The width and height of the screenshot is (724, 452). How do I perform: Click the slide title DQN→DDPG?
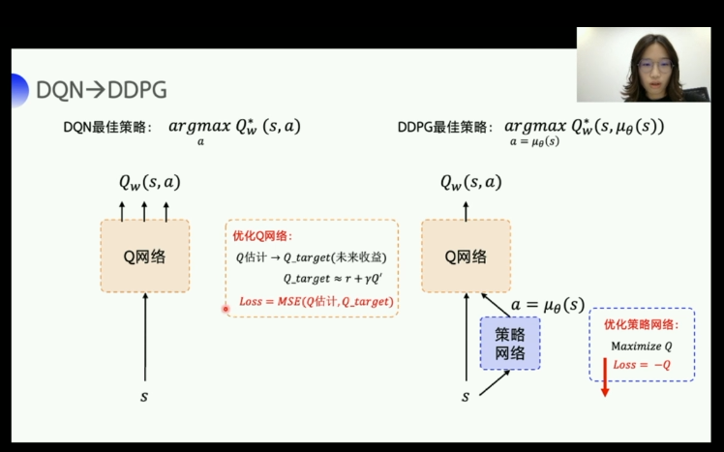101,90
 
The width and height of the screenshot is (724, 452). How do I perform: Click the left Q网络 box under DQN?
145,256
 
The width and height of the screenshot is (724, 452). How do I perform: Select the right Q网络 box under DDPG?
465,256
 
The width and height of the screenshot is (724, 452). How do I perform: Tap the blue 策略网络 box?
510,343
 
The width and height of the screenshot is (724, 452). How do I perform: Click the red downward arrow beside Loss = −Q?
604,377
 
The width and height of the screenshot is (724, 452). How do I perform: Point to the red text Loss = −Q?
642,365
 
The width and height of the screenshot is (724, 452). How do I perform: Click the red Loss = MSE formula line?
316,302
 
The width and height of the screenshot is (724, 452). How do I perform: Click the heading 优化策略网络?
642,325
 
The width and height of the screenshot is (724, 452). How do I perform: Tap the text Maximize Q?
641,346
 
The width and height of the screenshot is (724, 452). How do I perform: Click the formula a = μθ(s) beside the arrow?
548,304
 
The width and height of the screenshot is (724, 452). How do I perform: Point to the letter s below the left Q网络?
145,396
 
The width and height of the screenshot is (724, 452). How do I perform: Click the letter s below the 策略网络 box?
466,396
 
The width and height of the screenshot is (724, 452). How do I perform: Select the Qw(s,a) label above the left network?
149,181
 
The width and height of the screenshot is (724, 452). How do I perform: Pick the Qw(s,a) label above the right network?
471,181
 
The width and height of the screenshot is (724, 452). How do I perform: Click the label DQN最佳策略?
107,128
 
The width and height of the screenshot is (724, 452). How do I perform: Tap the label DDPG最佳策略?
445,128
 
